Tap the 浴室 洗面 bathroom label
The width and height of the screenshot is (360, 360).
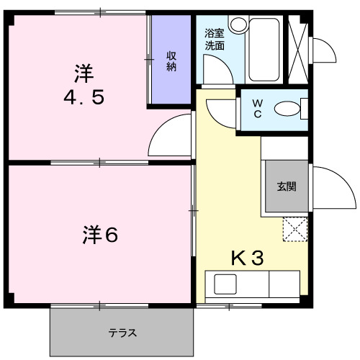[x=214, y=39]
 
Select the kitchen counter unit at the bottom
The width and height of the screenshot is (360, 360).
[x=252, y=285]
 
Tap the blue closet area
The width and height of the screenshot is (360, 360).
[x=171, y=61]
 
